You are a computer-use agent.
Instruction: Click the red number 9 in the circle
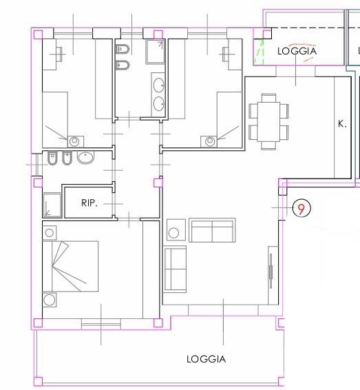(301, 209)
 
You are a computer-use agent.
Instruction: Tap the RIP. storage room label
(89, 203)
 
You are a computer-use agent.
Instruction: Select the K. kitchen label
(342, 123)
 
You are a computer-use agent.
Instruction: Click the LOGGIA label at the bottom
(207, 359)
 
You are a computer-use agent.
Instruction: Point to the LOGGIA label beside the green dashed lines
(297, 51)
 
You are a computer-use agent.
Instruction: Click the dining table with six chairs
(269, 122)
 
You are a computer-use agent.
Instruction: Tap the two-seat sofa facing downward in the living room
(212, 230)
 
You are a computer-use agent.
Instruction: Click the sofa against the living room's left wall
(175, 269)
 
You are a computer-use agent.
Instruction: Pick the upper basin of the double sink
(159, 85)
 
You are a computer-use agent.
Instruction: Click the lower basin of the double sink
(159, 103)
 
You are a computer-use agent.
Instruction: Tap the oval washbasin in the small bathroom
(86, 157)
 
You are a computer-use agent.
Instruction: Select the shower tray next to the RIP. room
(52, 205)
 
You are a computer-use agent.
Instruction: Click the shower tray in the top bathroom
(156, 52)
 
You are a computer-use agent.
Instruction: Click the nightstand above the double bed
(50, 233)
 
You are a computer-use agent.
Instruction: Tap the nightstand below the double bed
(50, 300)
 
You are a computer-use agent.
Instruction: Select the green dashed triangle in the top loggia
(259, 52)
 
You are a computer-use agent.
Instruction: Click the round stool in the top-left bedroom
(74, 141)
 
